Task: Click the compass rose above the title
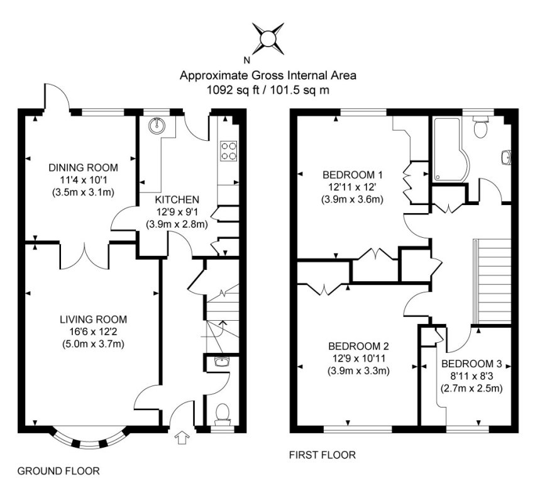point(267,37)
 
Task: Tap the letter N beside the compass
point(246,61)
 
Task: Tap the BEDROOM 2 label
point(359,346)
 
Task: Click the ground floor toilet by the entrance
point(221,413)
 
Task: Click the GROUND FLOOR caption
point(58,470)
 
